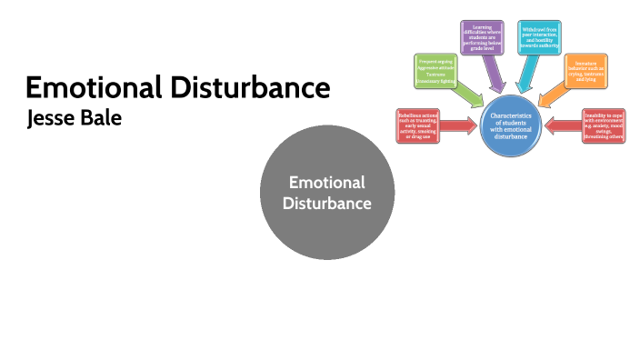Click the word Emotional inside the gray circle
[327, 183]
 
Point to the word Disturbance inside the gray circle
[327, 203]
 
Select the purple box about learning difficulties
[482, 38]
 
